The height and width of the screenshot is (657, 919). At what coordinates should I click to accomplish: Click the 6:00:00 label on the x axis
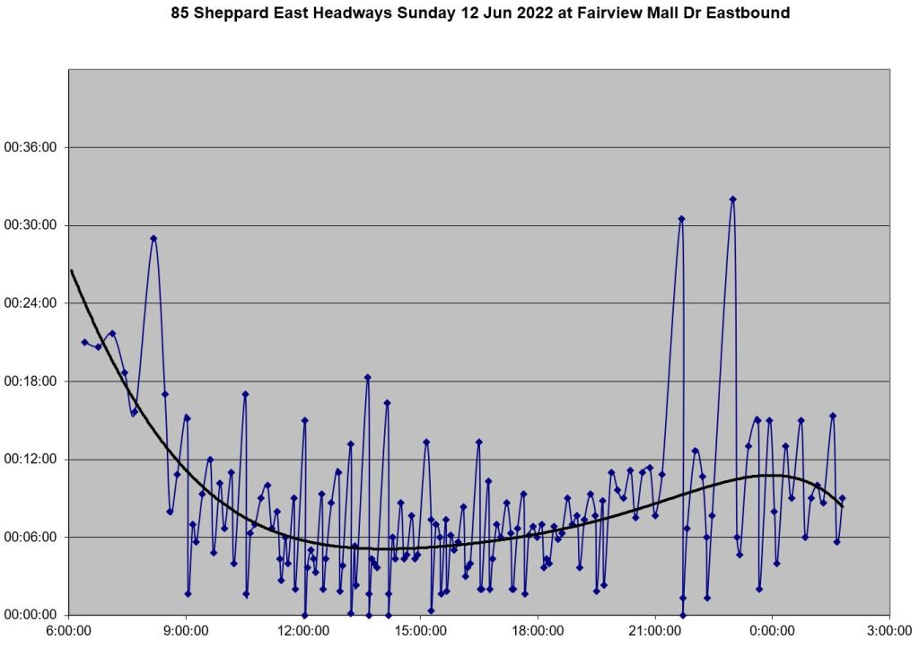pos(70,631)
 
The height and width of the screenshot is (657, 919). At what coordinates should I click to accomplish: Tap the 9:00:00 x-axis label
pos(187,631)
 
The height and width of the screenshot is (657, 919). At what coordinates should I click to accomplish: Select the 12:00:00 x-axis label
pos(304,631)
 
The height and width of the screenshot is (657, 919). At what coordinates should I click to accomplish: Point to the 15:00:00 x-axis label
pos(421,631)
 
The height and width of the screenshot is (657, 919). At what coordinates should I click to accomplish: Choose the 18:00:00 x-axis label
pos(538,631)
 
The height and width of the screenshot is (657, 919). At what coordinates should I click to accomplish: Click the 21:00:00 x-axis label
pos(655,631)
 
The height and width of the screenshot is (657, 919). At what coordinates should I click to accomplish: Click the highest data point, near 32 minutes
pos(732,199)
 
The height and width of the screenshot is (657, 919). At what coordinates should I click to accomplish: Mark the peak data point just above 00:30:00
pos(681,219)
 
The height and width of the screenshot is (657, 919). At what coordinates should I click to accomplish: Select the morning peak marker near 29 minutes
pos(153,239)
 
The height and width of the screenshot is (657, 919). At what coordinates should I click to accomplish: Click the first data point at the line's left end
pos(84,342)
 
